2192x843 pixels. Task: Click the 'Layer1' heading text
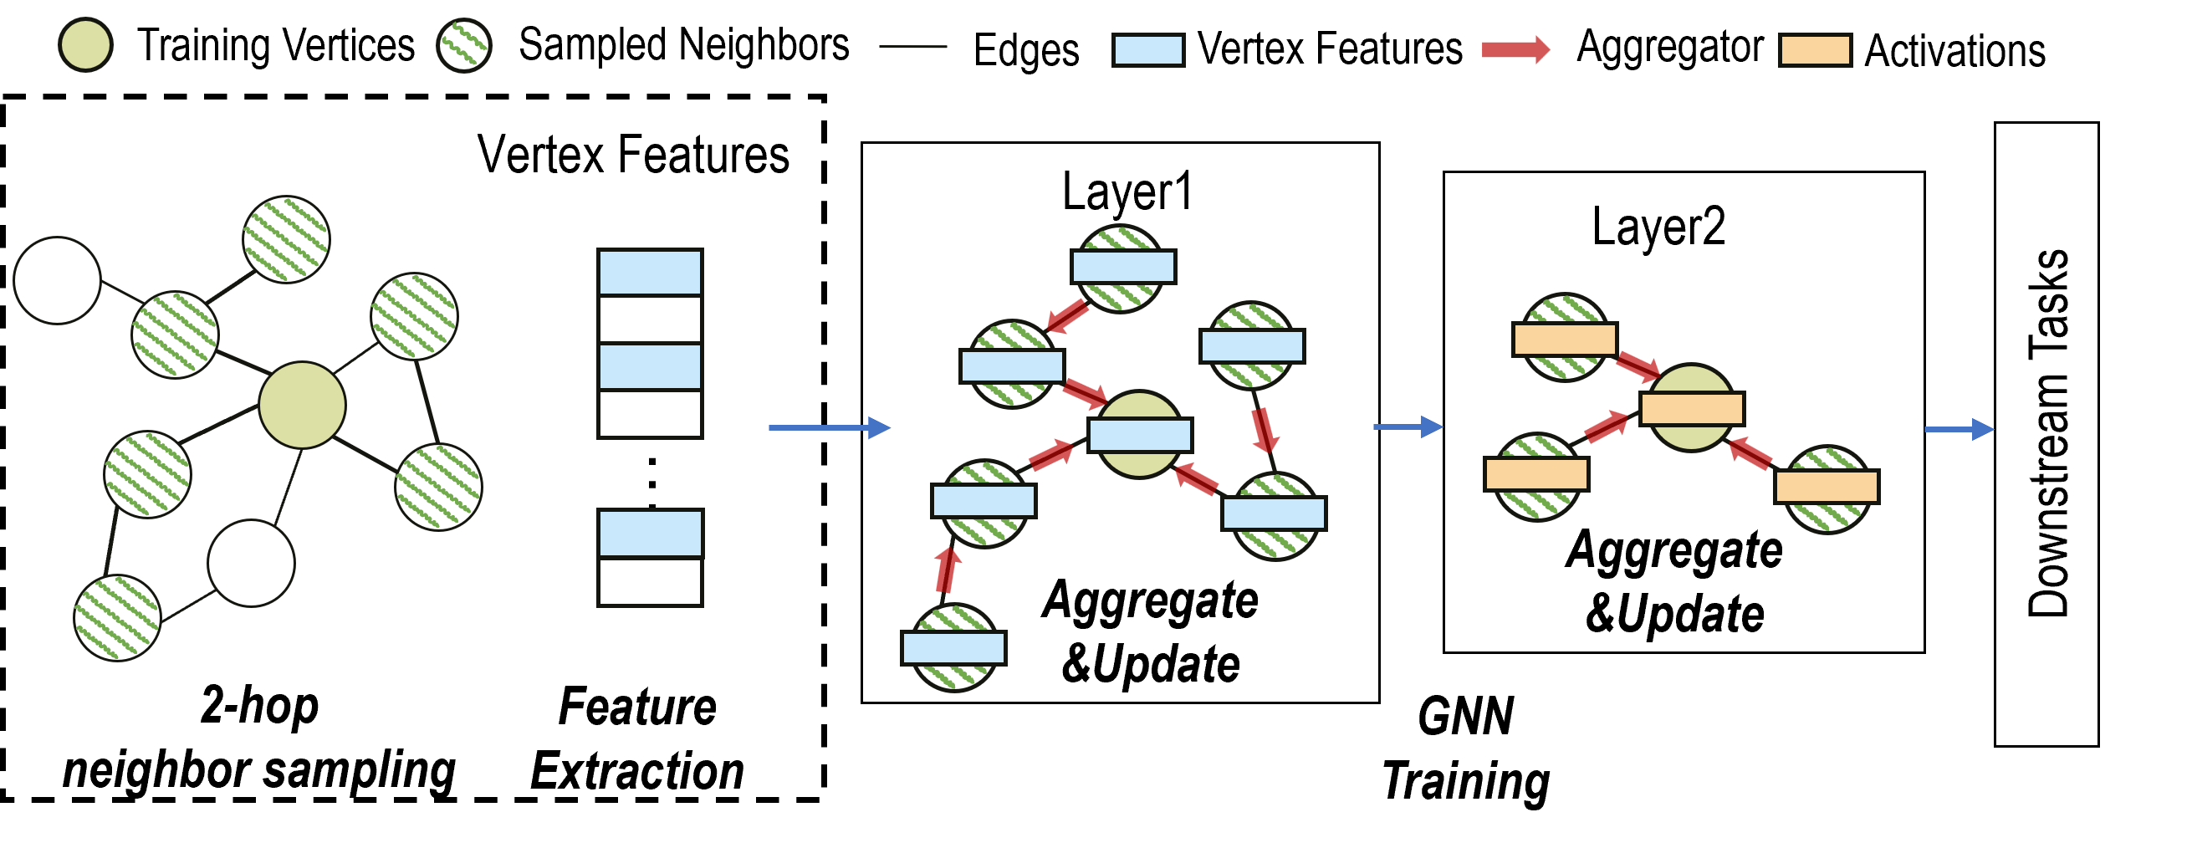click(x=1127, y=192)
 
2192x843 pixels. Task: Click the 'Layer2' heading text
click(x=1658, y=227)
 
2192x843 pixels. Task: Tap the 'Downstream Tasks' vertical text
click(x=2047, y=433)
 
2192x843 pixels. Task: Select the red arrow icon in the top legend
click(x=1515, y=49)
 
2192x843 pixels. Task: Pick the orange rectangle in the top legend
click(x=1815, y=49)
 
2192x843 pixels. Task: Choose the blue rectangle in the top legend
click(x=1148, y=49)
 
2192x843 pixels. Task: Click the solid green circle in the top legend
click(x=85, y=45)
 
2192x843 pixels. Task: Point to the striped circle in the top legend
click(x=464, y=45)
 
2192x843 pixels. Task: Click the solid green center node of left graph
click(x=302, y=406)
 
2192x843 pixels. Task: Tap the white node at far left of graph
click(x=57, y=281)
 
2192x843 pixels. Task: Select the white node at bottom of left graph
click(x=251, y=563)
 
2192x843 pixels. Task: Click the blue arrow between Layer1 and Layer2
click(x=1408, y=427)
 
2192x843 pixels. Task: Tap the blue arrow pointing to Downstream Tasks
click(x=1959, y=430)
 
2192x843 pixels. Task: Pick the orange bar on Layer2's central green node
click(x=1692, y=408)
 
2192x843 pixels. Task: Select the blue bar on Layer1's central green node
click(x=1140, y=436)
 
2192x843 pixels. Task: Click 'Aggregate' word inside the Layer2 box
click(x=1673, y=549)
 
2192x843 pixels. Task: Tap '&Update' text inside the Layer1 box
click(x=1151, y=663)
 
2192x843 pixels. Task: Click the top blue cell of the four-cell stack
click(x=650, y=272)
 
